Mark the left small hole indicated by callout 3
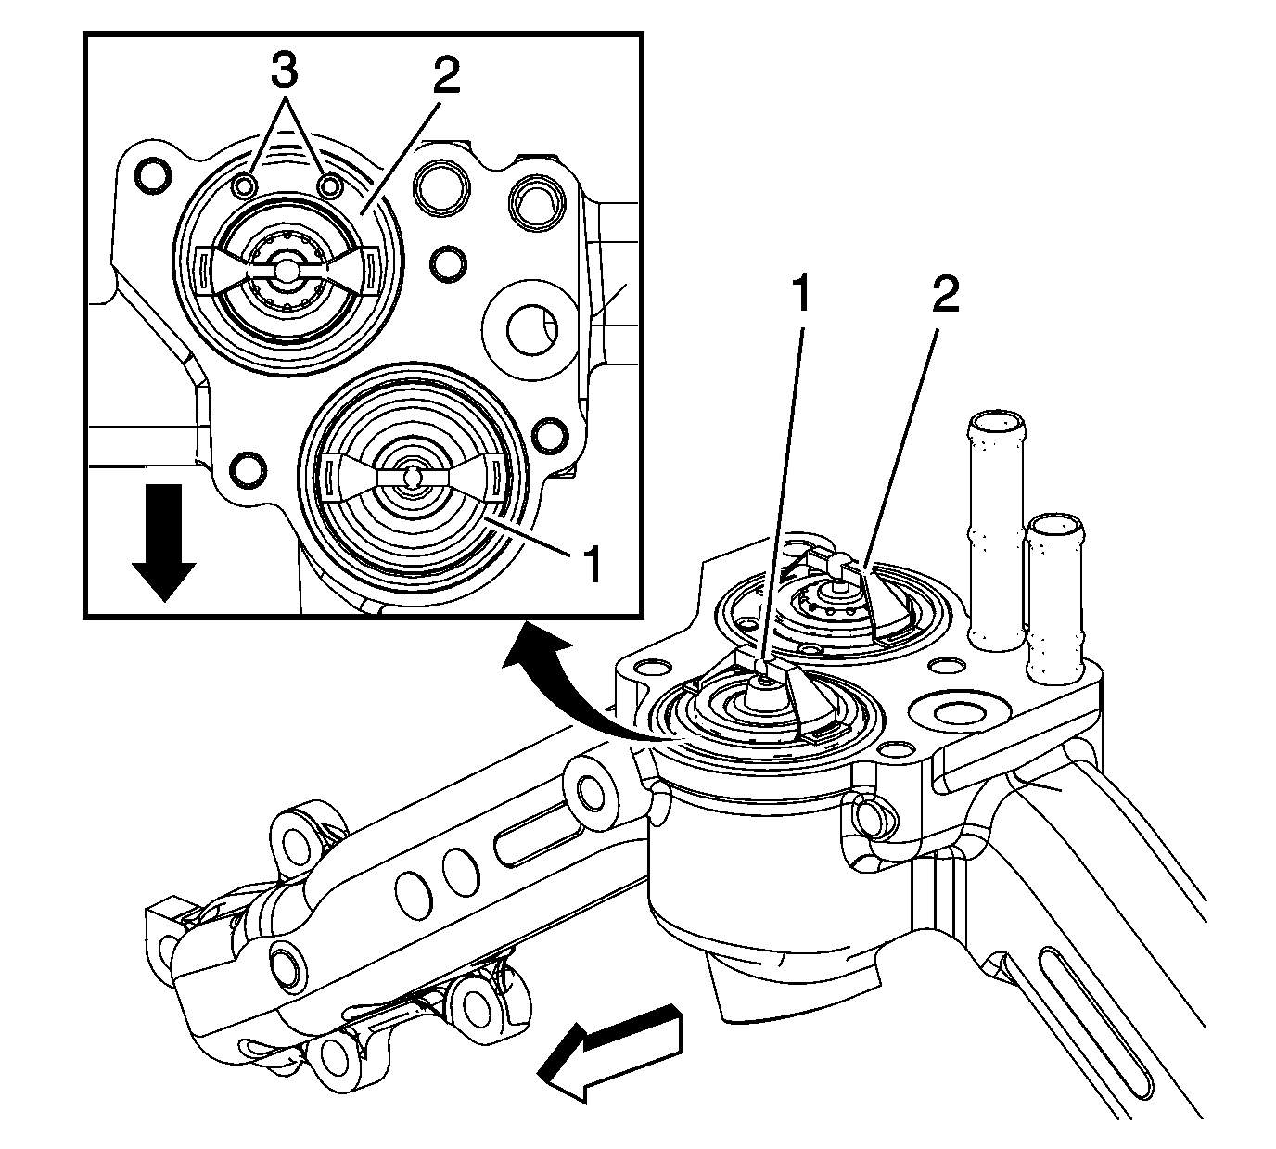244,186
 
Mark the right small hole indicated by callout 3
329,186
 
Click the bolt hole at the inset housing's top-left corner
152,174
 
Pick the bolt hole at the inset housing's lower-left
248,469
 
